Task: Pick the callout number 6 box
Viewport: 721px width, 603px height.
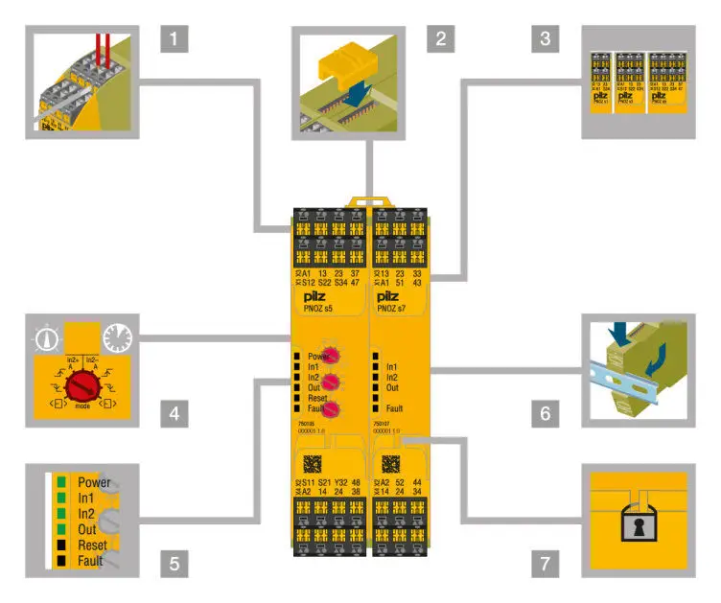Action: tap(544, 416)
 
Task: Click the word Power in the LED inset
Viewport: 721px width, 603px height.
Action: tap(95, 483)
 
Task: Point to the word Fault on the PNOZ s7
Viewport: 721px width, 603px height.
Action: tap(393, 408)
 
